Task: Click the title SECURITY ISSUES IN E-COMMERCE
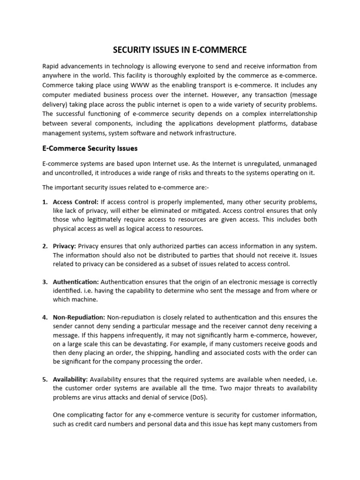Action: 180,50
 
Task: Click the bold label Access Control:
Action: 75,202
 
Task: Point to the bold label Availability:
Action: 70,379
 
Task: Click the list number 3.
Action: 45,282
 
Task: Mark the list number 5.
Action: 45,379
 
